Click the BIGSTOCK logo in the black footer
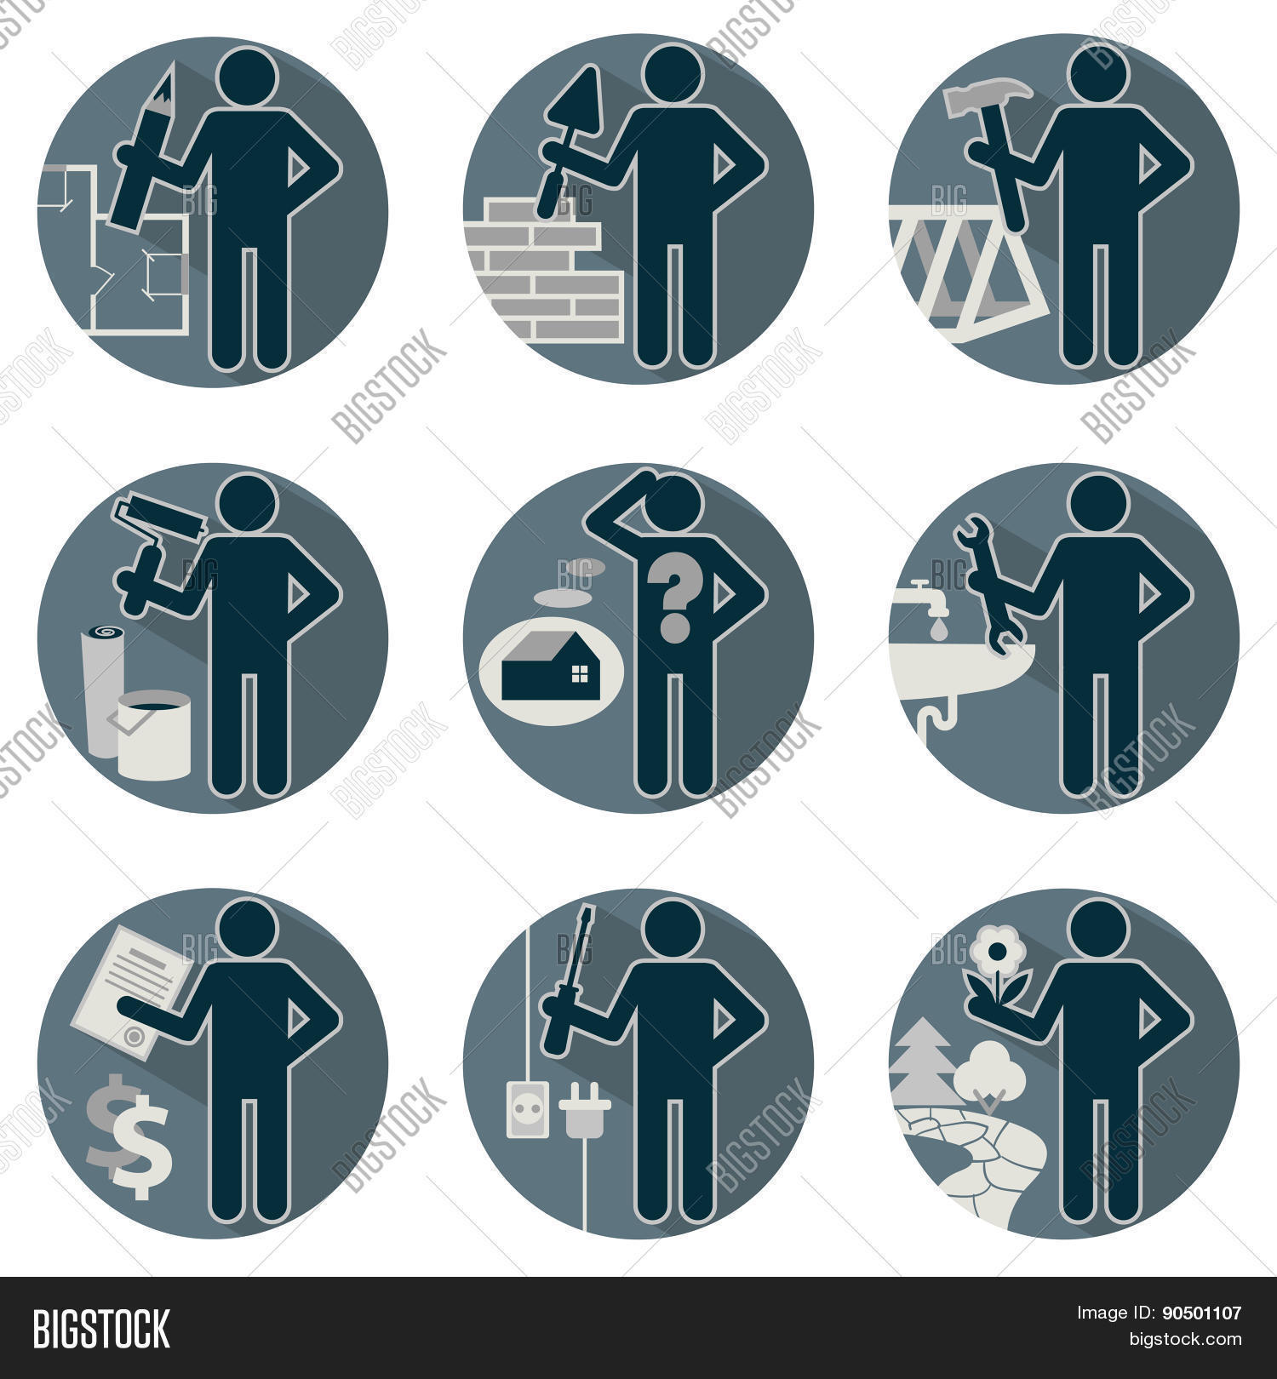(101, 1329)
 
